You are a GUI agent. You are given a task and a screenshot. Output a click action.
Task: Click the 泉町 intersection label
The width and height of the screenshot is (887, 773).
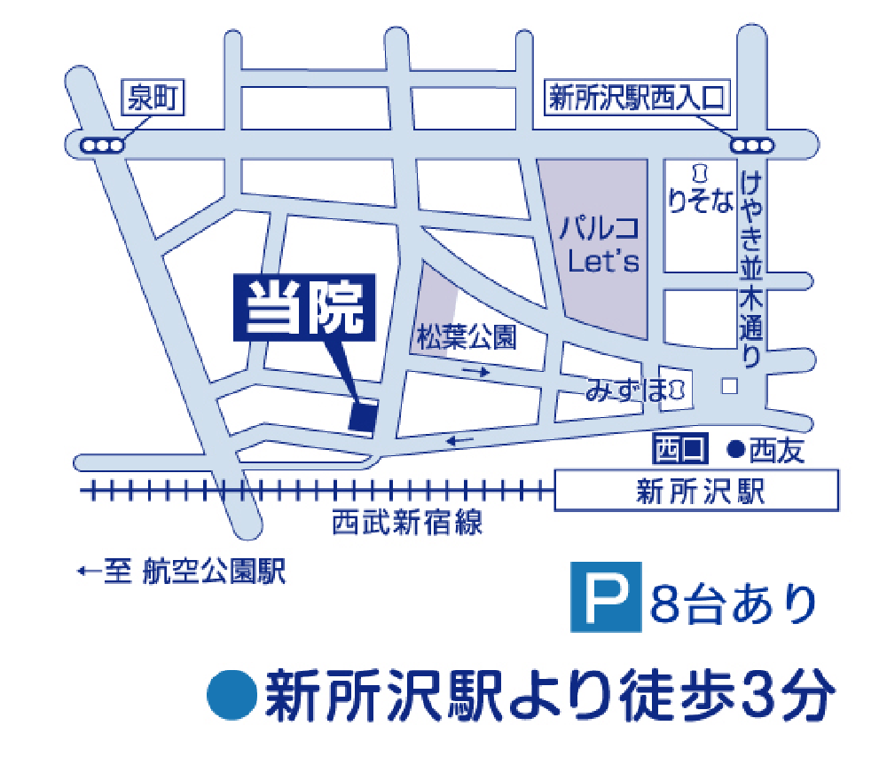152,98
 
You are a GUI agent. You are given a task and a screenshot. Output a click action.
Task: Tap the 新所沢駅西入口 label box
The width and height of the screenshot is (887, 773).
637,98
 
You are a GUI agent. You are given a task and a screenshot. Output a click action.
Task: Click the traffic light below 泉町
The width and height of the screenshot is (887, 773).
99,146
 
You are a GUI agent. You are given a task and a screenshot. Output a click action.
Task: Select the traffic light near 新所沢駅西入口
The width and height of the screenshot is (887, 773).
752,146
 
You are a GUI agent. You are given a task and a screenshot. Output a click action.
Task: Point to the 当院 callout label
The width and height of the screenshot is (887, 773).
305,306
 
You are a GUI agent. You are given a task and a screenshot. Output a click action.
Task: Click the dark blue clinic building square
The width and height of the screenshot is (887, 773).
363,416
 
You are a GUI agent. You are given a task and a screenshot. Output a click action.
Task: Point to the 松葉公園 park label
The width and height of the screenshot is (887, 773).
466,337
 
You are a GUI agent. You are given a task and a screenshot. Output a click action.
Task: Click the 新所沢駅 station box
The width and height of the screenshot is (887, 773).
696,491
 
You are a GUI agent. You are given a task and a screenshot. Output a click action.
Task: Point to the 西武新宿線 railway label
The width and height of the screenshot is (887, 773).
407,523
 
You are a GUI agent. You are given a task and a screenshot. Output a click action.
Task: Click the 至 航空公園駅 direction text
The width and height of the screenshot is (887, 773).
182,572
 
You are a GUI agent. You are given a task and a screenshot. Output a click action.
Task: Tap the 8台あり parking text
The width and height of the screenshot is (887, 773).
733,604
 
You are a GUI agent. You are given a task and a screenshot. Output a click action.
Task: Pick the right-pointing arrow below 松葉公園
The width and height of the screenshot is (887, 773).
476,372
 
